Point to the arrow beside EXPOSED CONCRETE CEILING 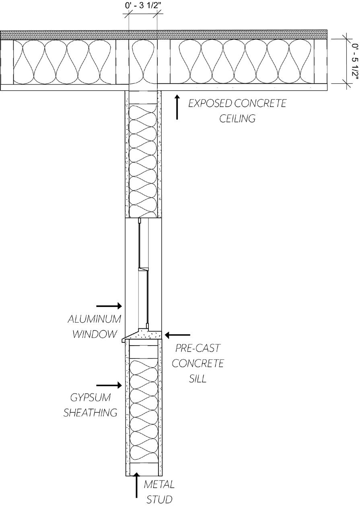pyautogui.click(x=177, y=107)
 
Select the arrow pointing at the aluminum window pyautogui.click(x=109, y=306)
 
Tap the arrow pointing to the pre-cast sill pyautogui.click(x=177, y=334)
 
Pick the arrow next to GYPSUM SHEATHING pyautogui.click(x=109, y=385)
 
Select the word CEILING pyautogui.click(x=237, y=119)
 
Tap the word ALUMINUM pyautogui.click(x=94, y=319)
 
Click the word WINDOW pyautogui.click(x=95, y=334)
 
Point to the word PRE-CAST pyautogui.click(x=198, y=348)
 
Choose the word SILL pyautogui.click(x=197, y=379)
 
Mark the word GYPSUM pyautogui.click(x=91, y=398)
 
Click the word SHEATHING pyautogui.click(x=91, y=412)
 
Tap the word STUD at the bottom pyautogui.click(x=159, y=500)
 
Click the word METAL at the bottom pyautogui.click(x=159, y=484)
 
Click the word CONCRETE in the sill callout pyautogui.click(x=197, y=363)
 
